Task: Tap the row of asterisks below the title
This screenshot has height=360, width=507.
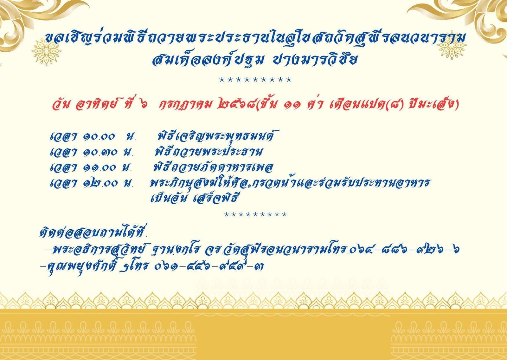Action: [255, 80]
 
